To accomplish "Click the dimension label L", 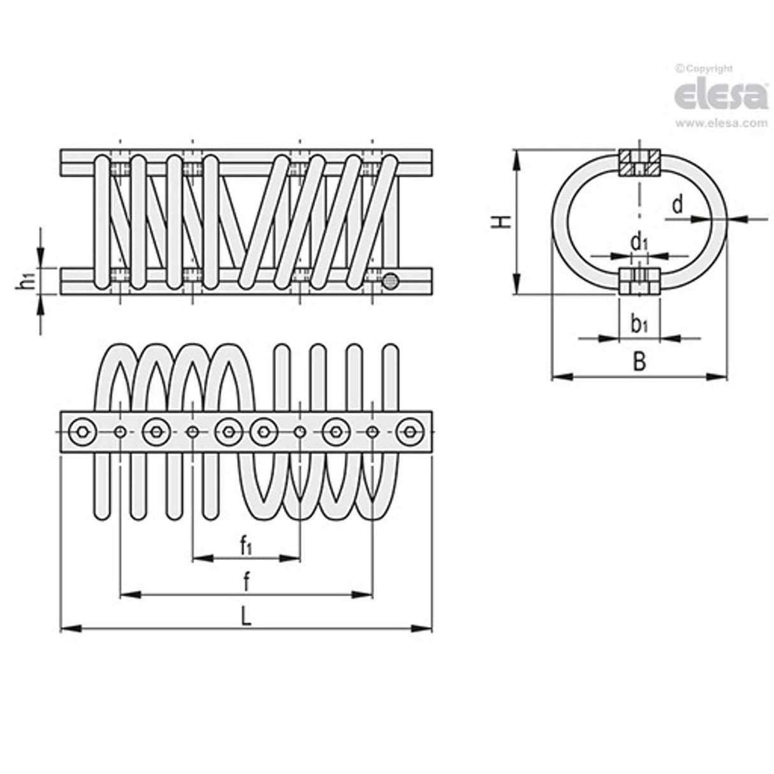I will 245,617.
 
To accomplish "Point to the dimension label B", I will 639,361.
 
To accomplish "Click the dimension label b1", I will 639,325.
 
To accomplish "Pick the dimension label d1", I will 639,242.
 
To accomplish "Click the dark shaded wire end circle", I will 390,281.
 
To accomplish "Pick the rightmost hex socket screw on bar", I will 409,432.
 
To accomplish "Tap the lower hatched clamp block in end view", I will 639,281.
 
